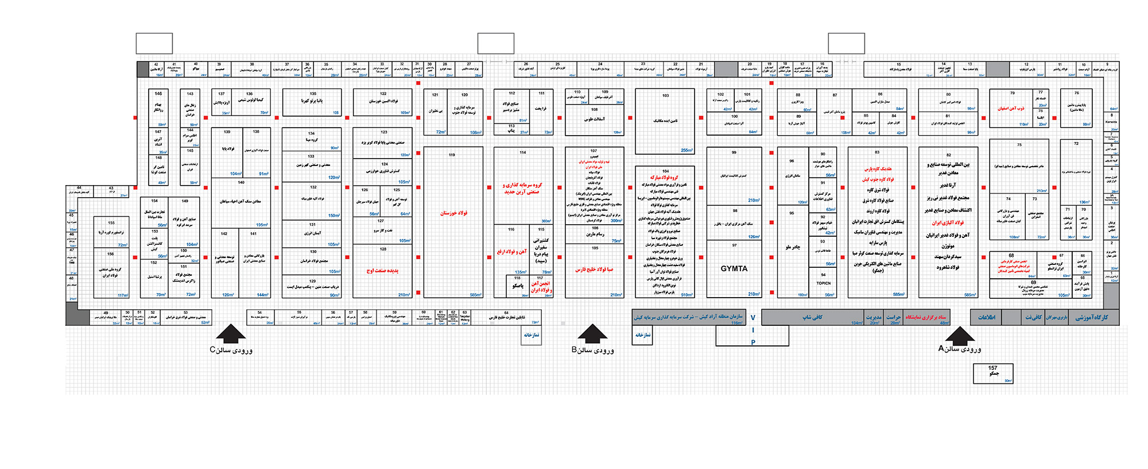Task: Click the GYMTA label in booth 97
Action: coord(734,268)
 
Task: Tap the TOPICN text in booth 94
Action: coord(824,283)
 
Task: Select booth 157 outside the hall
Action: coord(993,371)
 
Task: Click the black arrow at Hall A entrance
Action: coord(960,335)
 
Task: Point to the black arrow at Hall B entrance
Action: coord(592,333)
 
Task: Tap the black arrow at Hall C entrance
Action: coord(231,333)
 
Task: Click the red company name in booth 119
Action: coord(453,213)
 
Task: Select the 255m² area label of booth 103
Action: coord(687,151)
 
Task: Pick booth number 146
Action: coord(158,93)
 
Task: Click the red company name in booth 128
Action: coord(382,270)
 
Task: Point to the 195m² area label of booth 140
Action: coord(262,225)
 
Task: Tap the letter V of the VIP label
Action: coord(753,318)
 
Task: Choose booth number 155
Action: coord(111,223)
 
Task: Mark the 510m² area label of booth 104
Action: coord(687,295)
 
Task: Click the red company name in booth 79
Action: coord(1011,108)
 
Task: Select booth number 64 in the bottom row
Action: coord(506,313)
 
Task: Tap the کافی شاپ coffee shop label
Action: coord(812,317)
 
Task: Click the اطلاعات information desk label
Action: coord(986,317)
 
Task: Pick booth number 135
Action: coord(313,94)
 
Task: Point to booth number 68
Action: coord(1011,256)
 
